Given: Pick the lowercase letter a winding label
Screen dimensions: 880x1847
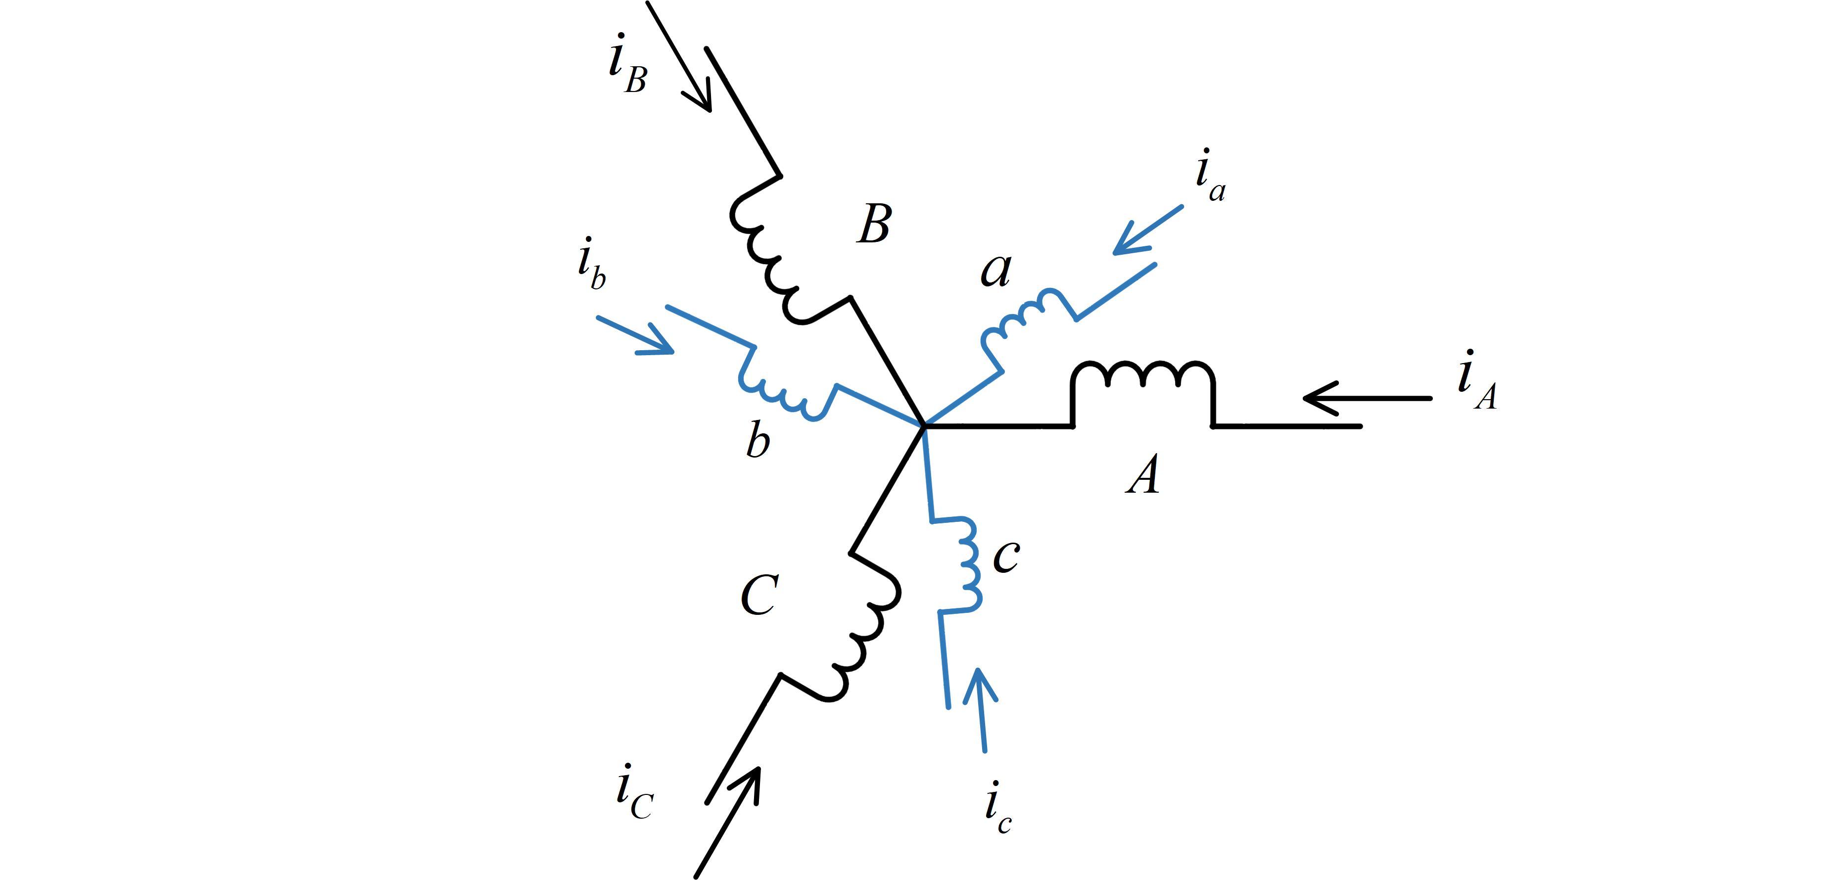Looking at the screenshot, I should pos(996,271).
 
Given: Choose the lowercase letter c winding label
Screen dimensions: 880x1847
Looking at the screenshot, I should pos(1006,556).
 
